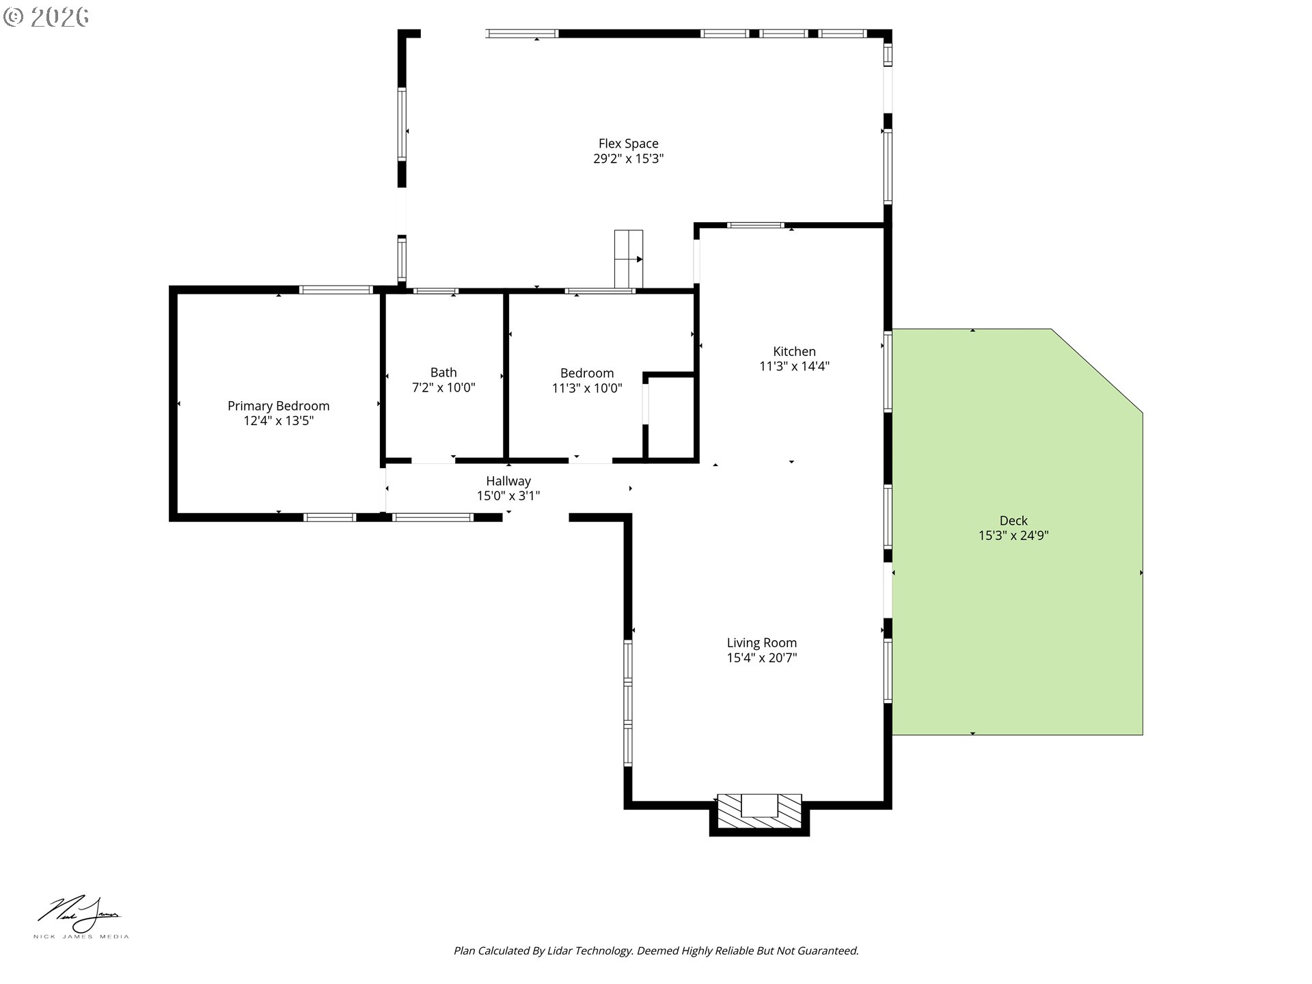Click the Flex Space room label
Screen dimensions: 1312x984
pos(628,143)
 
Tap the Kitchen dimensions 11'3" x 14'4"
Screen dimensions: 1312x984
pos(794,366)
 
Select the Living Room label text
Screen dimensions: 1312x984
pos(761,643)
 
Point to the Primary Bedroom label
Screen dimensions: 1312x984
pos(278,406)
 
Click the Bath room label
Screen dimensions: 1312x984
pos(443,372)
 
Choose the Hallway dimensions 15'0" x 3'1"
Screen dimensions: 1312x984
pos(508,496)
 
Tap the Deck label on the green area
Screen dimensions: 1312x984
pos(1013,521)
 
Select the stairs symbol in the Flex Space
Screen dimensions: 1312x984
pos(629,259)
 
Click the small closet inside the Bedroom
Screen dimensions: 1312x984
pos(670,417)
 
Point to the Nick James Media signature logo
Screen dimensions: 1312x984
pos(81,917)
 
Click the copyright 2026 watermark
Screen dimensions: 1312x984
pos(46,17)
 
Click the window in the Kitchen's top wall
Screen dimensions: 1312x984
pos(755,225)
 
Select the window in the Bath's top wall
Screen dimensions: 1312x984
pos(435,291)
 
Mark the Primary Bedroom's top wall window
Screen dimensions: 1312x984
pos(336,290)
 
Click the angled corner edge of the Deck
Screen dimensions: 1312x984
pos(1097,371)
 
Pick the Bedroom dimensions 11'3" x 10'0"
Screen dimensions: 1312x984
pos(587,388)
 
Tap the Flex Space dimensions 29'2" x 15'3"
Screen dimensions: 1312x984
pos(628,159)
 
